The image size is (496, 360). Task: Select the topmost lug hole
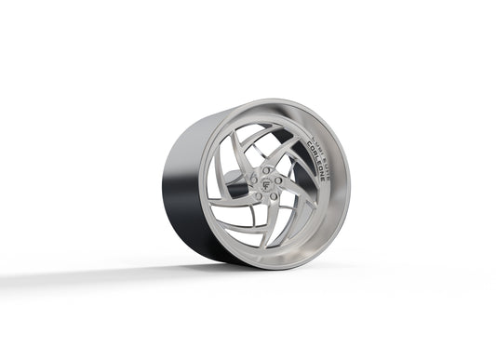(x=266, y=170)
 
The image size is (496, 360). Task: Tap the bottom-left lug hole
(x=258, y=196)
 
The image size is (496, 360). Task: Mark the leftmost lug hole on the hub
(x=253, y=182)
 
